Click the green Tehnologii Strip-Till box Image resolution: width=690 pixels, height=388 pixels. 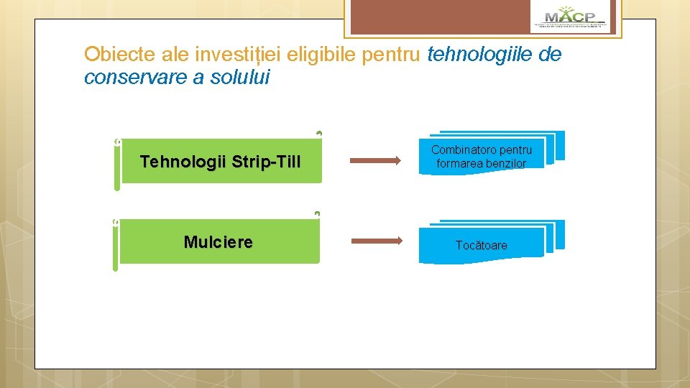220,162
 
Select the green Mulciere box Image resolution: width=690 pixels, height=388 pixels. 218,242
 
